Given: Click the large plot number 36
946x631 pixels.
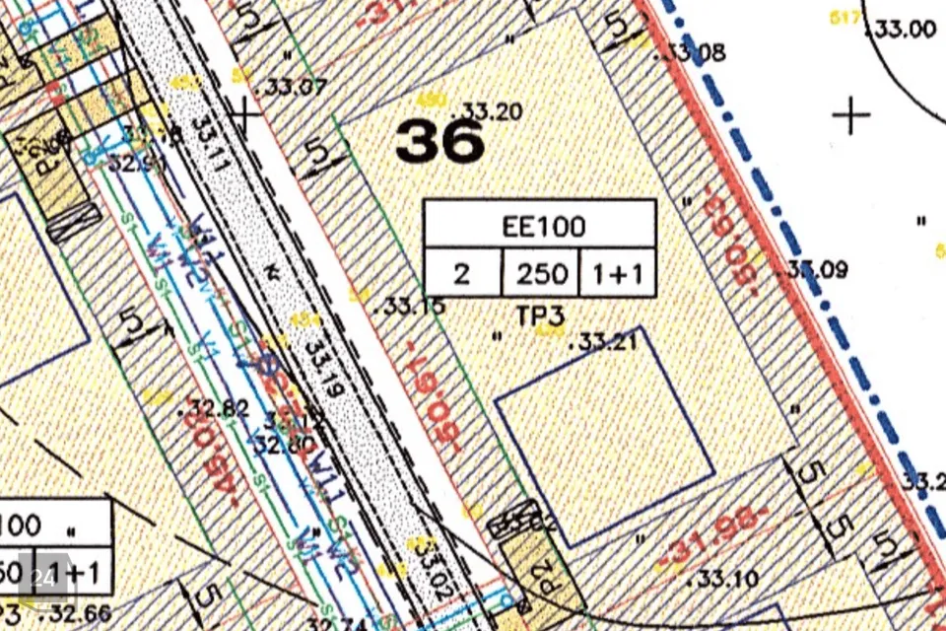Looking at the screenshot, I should [x=440, y=143].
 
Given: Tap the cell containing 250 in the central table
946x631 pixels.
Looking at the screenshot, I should [x=541, y=273].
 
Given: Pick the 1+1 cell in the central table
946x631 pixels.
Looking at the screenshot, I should [x=618, y=273].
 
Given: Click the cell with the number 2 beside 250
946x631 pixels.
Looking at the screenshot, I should [x=462, y=273].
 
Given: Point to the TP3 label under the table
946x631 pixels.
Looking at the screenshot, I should [x=540, y=315].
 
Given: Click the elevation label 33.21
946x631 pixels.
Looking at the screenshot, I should [x=607, y=343].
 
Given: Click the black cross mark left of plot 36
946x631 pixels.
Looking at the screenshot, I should [x=243, y=116].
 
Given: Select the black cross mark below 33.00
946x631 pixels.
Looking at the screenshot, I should [x=851, y=115].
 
